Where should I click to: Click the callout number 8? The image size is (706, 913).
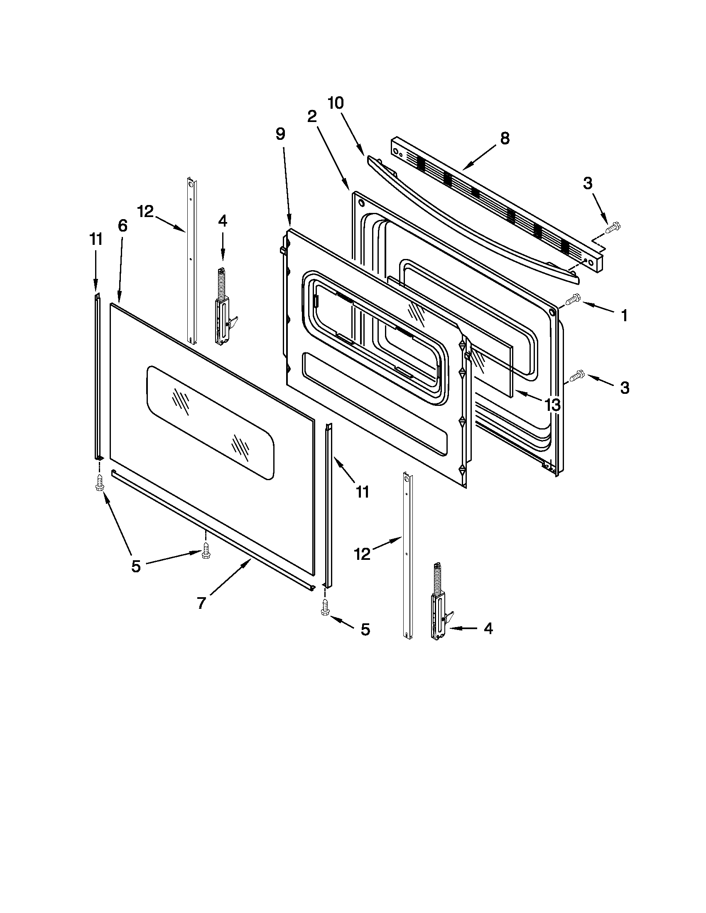pyautogui.click(x=505, y=138)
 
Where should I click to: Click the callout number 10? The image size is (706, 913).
pyautogui.click(x=336, y=103)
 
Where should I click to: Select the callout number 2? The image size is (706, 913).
pyautogui.click(x=311, y=117)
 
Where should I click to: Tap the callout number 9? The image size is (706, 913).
pyautogui.click(x=280, y=134)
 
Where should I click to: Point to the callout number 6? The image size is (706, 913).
pyautogui.click(x=122, y=226)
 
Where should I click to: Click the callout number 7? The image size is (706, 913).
pyautogui.click(x=201, y=603)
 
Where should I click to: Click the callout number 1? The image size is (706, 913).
pyautogui.click(x=624, y=316)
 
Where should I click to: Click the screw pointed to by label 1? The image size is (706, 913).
pyautogui.click(x=572, y=299)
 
